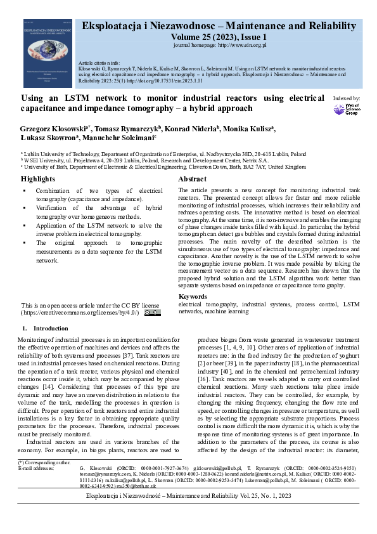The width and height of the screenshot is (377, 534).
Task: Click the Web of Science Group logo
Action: (347, 109)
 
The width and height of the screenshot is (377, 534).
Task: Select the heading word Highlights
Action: (37, 179)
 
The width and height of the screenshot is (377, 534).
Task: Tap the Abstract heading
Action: (192, 179)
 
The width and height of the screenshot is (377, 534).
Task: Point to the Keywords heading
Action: (193, 297)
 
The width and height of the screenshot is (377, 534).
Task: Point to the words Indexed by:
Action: (346, 98)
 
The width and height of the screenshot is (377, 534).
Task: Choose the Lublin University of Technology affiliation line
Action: (164, 154)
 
